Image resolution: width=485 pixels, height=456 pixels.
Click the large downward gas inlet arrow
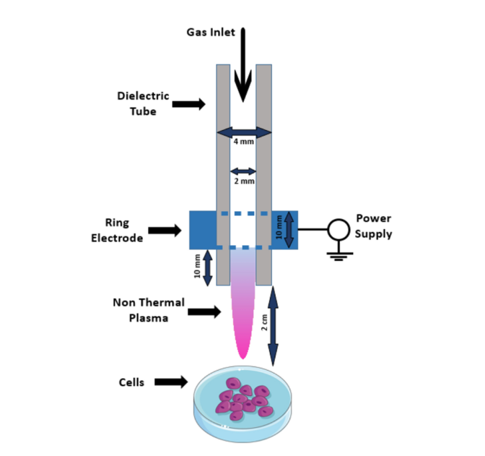[x=243, y=65]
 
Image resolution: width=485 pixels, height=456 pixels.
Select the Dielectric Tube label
[x=143, y=103]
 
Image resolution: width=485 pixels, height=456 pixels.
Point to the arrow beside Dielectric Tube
[x=189, y=104]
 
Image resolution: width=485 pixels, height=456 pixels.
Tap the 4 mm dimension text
[x=244, y=142]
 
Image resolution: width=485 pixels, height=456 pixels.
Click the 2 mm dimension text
[x=244, y=181]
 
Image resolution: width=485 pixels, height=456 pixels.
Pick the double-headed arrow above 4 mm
[x=244, y=132]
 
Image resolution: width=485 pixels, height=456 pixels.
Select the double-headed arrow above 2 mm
[x=243, y=171]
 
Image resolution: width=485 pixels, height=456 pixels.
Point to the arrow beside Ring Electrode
[x=165, y=231]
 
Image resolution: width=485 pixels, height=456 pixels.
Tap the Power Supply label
[x=374, y=225]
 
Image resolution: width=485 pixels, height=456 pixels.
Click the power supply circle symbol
[x=337, y=230]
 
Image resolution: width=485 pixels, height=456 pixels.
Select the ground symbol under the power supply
[x=337, y=254]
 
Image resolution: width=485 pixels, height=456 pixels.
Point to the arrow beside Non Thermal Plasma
[x=204, y=312]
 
